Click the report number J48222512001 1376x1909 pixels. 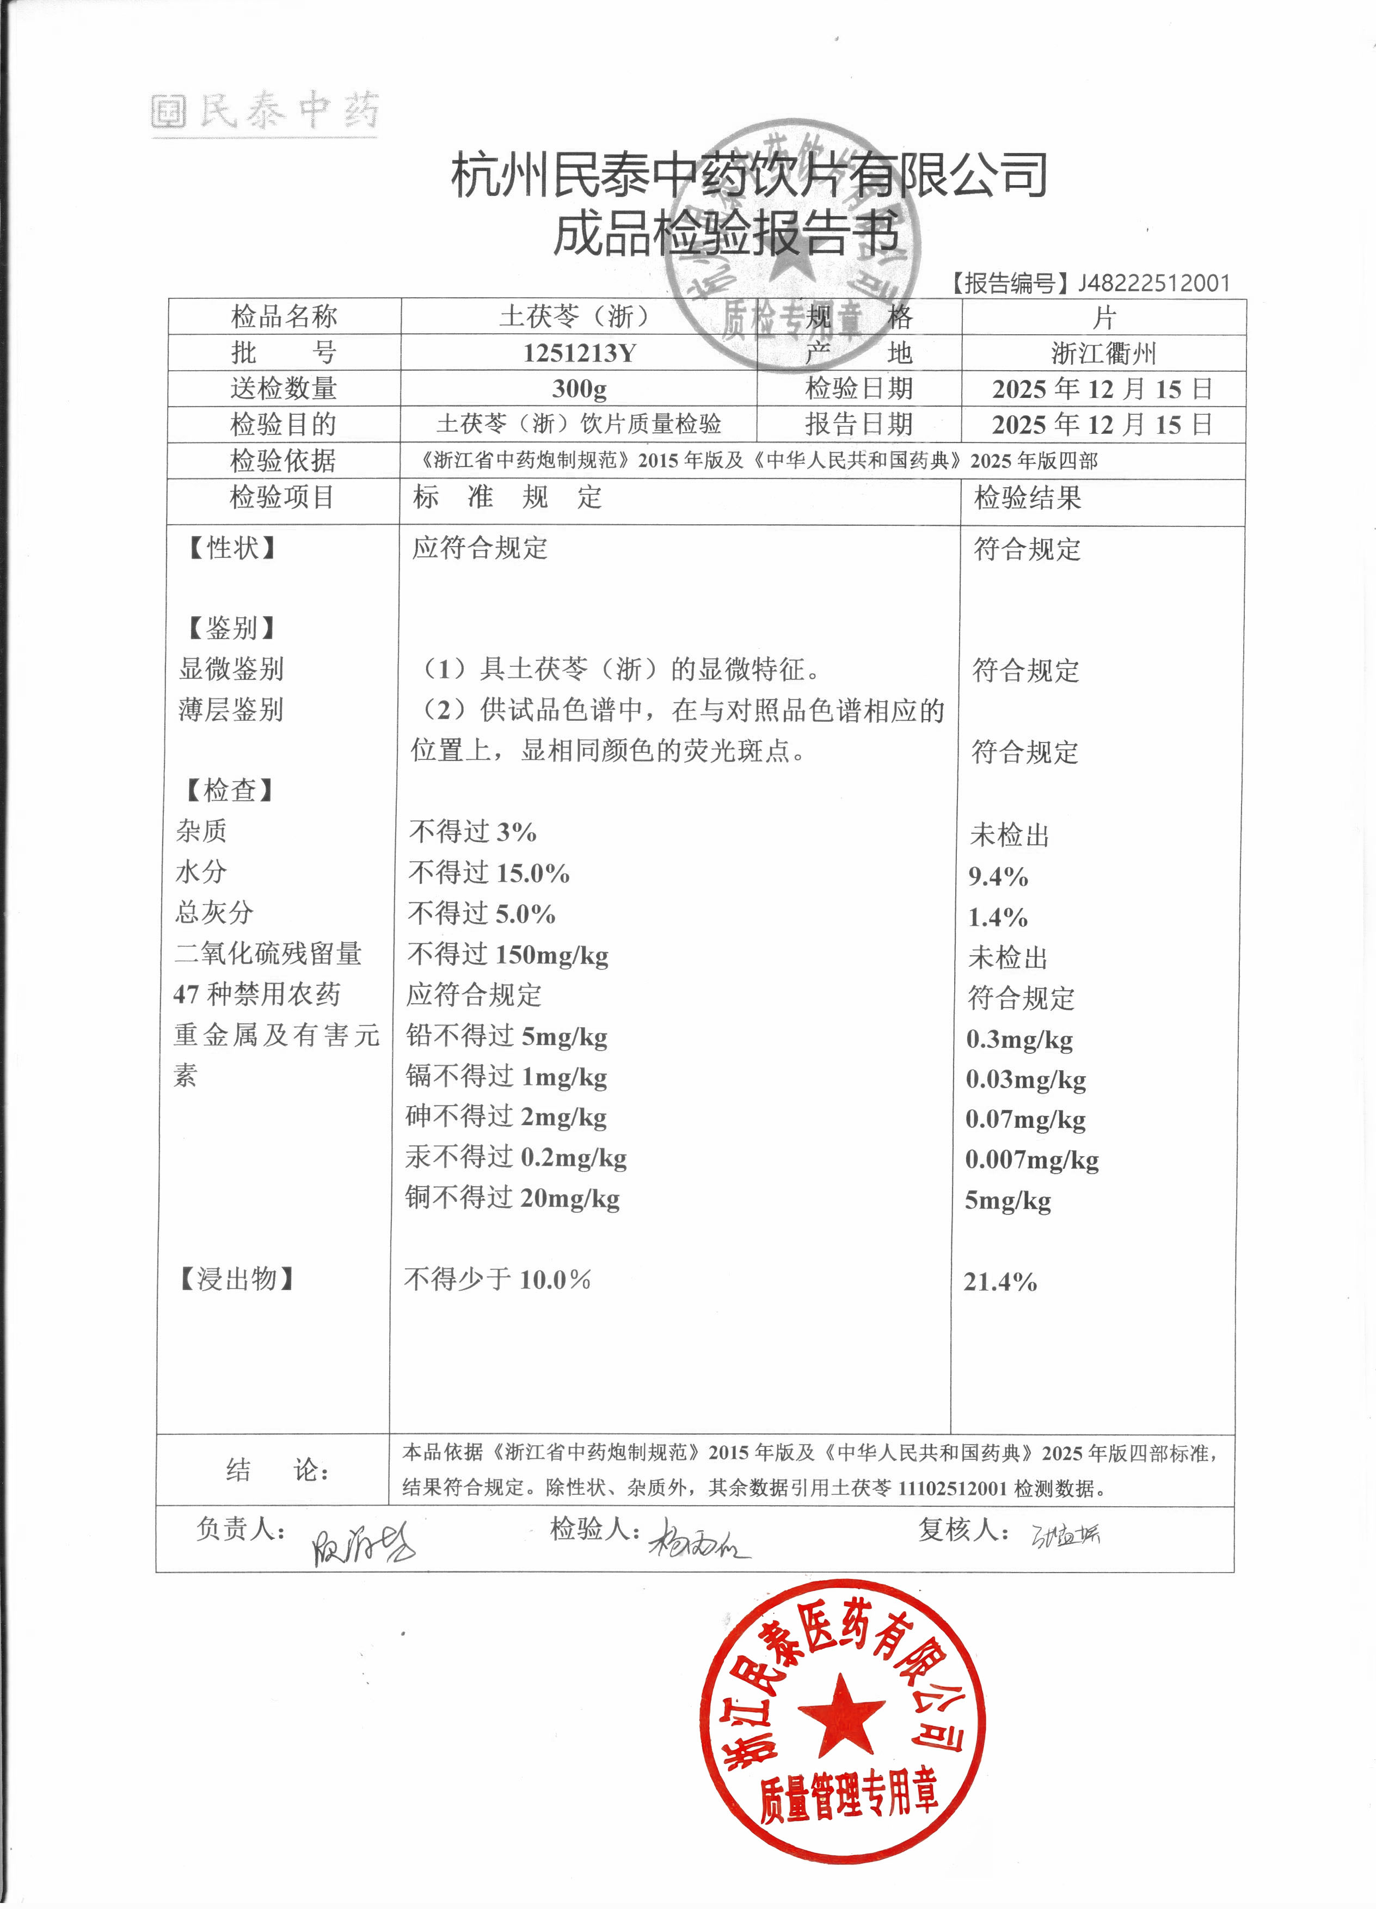[x=1153, y=283]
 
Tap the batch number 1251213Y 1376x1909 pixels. [x=579, y=353]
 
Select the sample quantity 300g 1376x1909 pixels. [x=579, y=389]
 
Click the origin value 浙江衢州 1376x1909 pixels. [x=1103, y=353]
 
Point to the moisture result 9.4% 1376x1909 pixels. [x=998, y=876]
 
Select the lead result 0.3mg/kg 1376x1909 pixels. [x=1019, y=1040]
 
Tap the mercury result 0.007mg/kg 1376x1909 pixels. [x=1032, y=1160]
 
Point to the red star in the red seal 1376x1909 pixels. [x=841, y=1714]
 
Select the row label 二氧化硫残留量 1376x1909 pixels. [x=268, y=954]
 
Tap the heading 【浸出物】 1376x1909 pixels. [x=236, y=1279]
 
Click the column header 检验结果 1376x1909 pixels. [x=1028, y=498]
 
